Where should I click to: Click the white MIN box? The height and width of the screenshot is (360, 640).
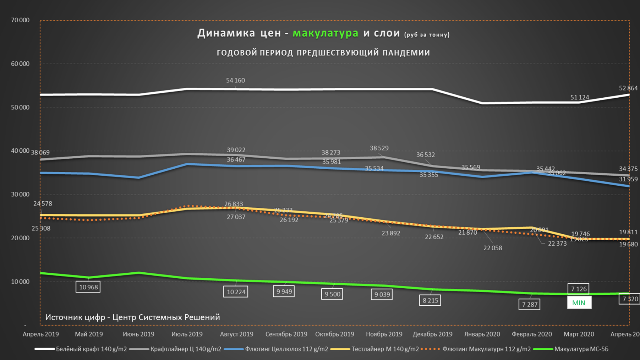[579, 303]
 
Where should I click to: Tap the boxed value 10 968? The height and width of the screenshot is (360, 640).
[88, 287]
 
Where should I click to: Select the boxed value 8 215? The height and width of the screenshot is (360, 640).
[430, 300]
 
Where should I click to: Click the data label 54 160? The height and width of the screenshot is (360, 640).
[235, 81]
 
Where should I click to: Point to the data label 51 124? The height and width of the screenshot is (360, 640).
[579, 97]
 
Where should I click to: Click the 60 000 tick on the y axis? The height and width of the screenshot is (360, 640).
[20, 64]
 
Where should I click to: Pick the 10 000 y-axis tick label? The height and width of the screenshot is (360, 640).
[20, 282]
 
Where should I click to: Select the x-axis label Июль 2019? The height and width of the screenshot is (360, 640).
[187, 334]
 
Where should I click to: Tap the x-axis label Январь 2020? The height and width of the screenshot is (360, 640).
[482, 334]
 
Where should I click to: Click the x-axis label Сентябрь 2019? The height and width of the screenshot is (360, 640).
[286, 334]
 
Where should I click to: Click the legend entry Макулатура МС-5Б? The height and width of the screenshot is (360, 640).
[581, 349]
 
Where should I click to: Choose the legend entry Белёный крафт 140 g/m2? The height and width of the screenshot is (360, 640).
[91, 349]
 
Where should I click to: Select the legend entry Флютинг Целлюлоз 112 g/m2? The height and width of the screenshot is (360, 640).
[286, 349]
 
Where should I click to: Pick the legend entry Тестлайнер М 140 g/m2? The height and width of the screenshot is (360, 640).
[385, 349]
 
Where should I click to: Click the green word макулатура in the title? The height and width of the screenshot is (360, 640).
[326, 33]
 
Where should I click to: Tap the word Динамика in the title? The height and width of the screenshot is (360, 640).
[226, 33]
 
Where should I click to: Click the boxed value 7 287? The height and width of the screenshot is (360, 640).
[529, 304]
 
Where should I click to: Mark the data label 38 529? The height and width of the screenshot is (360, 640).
[379, 148]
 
